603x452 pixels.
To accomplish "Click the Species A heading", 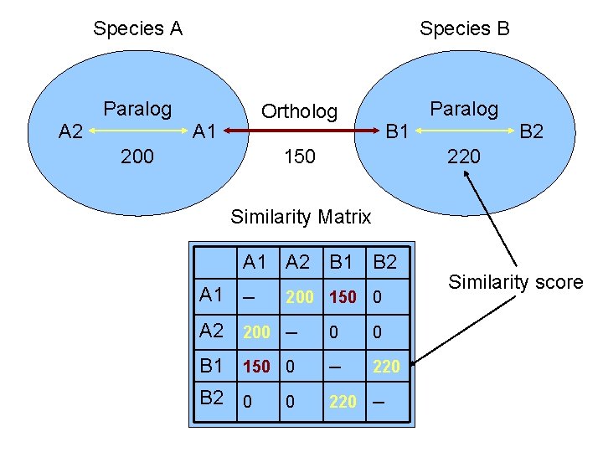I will coord(137,29).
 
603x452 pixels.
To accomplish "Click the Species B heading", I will coord(464,29).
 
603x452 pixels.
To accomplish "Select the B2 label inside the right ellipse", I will coord(532,131).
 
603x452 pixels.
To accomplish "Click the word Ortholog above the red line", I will coord(299,111).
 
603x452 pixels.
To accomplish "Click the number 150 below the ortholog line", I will coord(299,157).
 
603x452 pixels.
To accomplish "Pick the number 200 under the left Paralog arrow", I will coord(137,157).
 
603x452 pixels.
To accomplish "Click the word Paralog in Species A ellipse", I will coord(137,109).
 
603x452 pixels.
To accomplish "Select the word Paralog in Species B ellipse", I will coord(463,109).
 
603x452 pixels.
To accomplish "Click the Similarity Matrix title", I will coord(301,218).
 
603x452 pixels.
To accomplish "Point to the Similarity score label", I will coord(515,283).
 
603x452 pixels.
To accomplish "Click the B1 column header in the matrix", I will coord(342,262).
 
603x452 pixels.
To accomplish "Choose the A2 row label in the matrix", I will coord(212,331).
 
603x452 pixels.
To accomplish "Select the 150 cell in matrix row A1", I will coord(342,296).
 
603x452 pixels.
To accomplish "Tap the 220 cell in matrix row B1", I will coord(386,366).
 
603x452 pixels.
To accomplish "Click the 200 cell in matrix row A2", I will coord(256,331).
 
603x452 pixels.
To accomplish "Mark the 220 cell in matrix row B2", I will coord(342,403).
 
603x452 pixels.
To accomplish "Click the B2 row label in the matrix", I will coord(212,398).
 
